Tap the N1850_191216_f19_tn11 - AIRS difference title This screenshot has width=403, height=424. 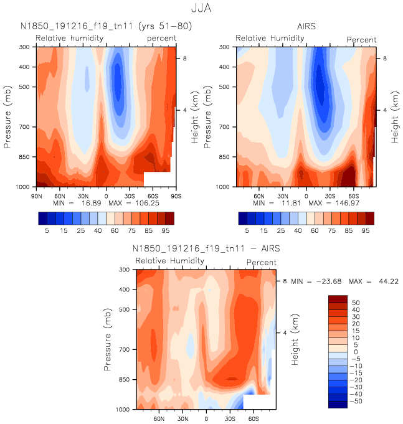pos(206,249)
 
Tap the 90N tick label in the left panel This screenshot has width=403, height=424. pos(37,196)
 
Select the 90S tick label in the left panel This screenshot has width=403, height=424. pos(175,196)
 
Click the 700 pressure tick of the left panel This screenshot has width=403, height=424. pos(26,127)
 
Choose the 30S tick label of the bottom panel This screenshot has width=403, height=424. pos(230,420)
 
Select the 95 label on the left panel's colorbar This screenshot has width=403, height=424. pos(166,230)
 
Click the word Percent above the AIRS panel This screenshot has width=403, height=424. pos(361,40)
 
